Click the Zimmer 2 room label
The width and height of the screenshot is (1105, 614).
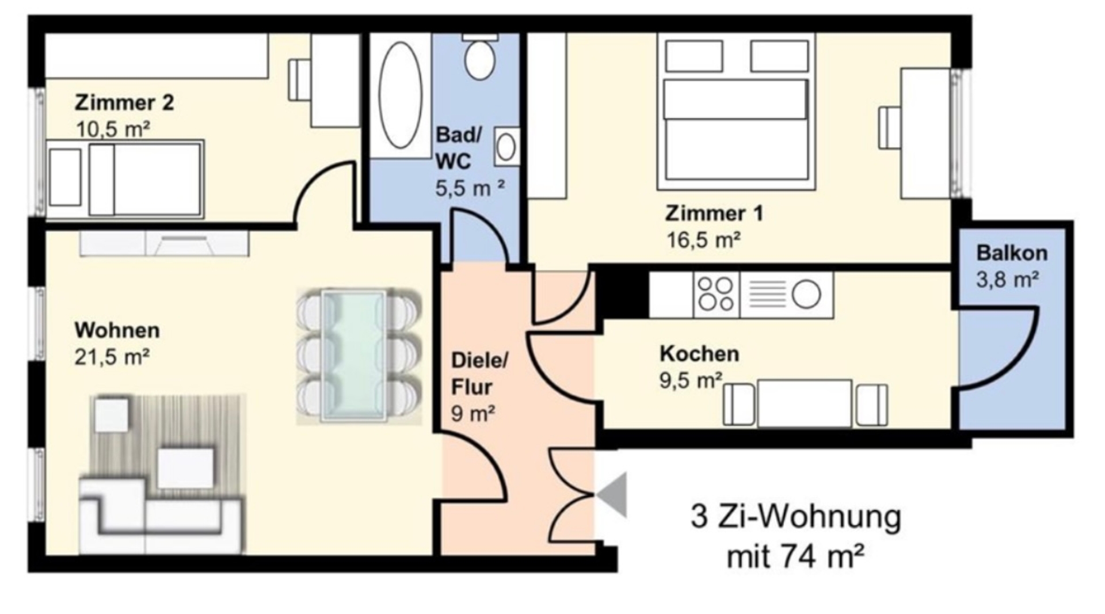click(124, 103)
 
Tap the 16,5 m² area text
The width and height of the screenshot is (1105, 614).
click(703, 240)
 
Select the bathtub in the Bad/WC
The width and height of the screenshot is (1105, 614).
click(401, 96)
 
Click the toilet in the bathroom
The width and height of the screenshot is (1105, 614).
click(480, 58)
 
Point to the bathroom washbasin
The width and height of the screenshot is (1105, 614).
click(506, 147)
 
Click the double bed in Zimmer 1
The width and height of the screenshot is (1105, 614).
click(736, 111)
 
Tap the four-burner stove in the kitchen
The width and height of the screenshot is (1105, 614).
click(717, 294)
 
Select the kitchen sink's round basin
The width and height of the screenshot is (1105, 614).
click(806, 294)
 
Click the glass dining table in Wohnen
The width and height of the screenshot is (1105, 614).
click(354, 356)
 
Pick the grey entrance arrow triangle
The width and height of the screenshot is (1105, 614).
click(613, 495)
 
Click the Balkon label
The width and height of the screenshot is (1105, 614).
click(1012, 253)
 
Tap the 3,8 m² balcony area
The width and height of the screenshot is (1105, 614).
click(1007, 280)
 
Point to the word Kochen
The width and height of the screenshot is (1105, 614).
click(699, 353)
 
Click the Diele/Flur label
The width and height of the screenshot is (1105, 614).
click(479, 373)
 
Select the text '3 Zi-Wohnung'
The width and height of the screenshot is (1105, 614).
click(795, 516)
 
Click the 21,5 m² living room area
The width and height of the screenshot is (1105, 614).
click(112, 357)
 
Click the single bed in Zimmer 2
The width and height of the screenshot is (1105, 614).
click(125, 179)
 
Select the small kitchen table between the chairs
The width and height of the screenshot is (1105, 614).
click(804, 403)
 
